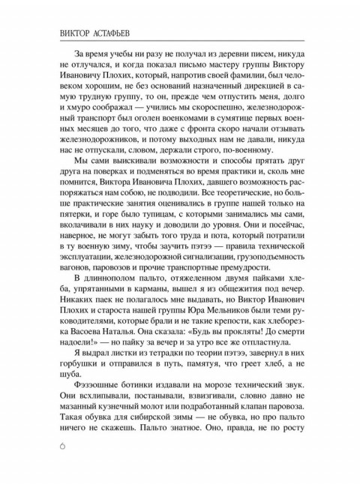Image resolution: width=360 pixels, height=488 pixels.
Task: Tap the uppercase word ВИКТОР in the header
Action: pos(67,34)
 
